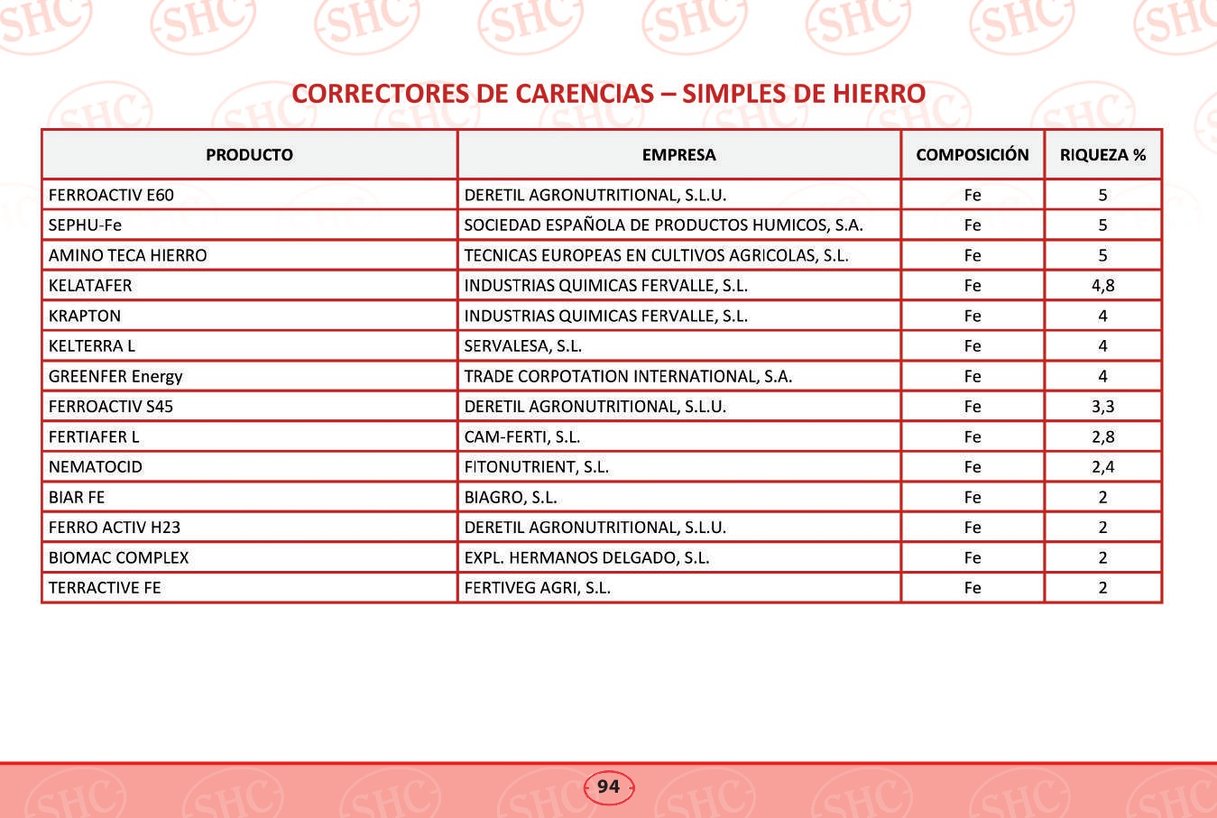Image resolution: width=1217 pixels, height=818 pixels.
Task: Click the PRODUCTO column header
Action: pos(249,155)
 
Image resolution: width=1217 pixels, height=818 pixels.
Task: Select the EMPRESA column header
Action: pos(678,155)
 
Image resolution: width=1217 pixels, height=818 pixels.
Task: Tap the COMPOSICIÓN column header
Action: pos(972,155)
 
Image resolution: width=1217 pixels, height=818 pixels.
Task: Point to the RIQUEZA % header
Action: pos(1102,155)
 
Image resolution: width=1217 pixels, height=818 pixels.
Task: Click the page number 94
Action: pos(609,786)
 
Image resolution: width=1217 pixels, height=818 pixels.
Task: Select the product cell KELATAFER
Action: pos(90,286)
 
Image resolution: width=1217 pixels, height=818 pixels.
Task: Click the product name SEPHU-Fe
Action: pos(85,225)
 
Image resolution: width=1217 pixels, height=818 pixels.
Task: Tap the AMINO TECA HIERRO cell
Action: pos(127,255)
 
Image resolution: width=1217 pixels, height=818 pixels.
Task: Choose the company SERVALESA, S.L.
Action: pos(522,346)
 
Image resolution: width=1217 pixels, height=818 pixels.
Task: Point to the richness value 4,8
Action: pos(1102,286)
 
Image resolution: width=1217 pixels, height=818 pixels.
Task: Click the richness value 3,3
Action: pos(1102,407)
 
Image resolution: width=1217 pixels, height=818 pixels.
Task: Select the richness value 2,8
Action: pos(1102,437)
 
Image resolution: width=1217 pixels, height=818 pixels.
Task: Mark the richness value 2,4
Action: pos(1102,467)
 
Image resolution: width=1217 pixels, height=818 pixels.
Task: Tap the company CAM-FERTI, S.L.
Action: pos(521,437)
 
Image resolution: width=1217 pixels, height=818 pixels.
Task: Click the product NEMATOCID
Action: pos(96,467)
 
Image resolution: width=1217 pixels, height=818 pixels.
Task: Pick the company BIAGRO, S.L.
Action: pos(510,498)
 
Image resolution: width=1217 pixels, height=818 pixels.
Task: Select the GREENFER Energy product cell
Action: pos(115,377)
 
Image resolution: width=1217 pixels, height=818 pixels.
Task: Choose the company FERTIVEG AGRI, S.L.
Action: pos(537,588)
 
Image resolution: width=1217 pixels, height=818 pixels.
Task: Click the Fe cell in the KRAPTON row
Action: pos(972,317)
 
